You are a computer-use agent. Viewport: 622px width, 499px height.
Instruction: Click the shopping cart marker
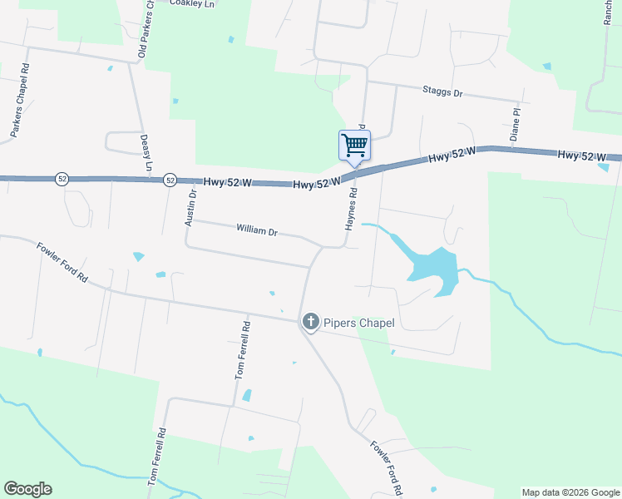354,146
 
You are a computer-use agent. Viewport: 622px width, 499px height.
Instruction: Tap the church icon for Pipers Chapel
311,321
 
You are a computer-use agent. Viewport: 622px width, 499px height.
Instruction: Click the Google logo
27,489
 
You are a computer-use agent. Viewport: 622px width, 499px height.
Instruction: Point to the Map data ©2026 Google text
570,492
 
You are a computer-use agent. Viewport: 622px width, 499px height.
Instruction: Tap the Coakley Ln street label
192,3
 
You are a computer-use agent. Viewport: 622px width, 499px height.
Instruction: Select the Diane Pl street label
516,123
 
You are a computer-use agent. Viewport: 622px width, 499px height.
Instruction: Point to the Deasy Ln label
147,154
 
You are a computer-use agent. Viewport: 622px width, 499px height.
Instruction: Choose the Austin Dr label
190,208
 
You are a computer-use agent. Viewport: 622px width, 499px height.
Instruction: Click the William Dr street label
256,229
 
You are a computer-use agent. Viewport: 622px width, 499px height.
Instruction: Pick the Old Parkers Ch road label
146,32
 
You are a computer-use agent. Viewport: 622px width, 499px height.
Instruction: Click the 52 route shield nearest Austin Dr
170,180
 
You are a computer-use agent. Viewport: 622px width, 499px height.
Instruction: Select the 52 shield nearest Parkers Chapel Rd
62,179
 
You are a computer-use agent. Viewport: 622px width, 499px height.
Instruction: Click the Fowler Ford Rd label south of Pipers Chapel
387,467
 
